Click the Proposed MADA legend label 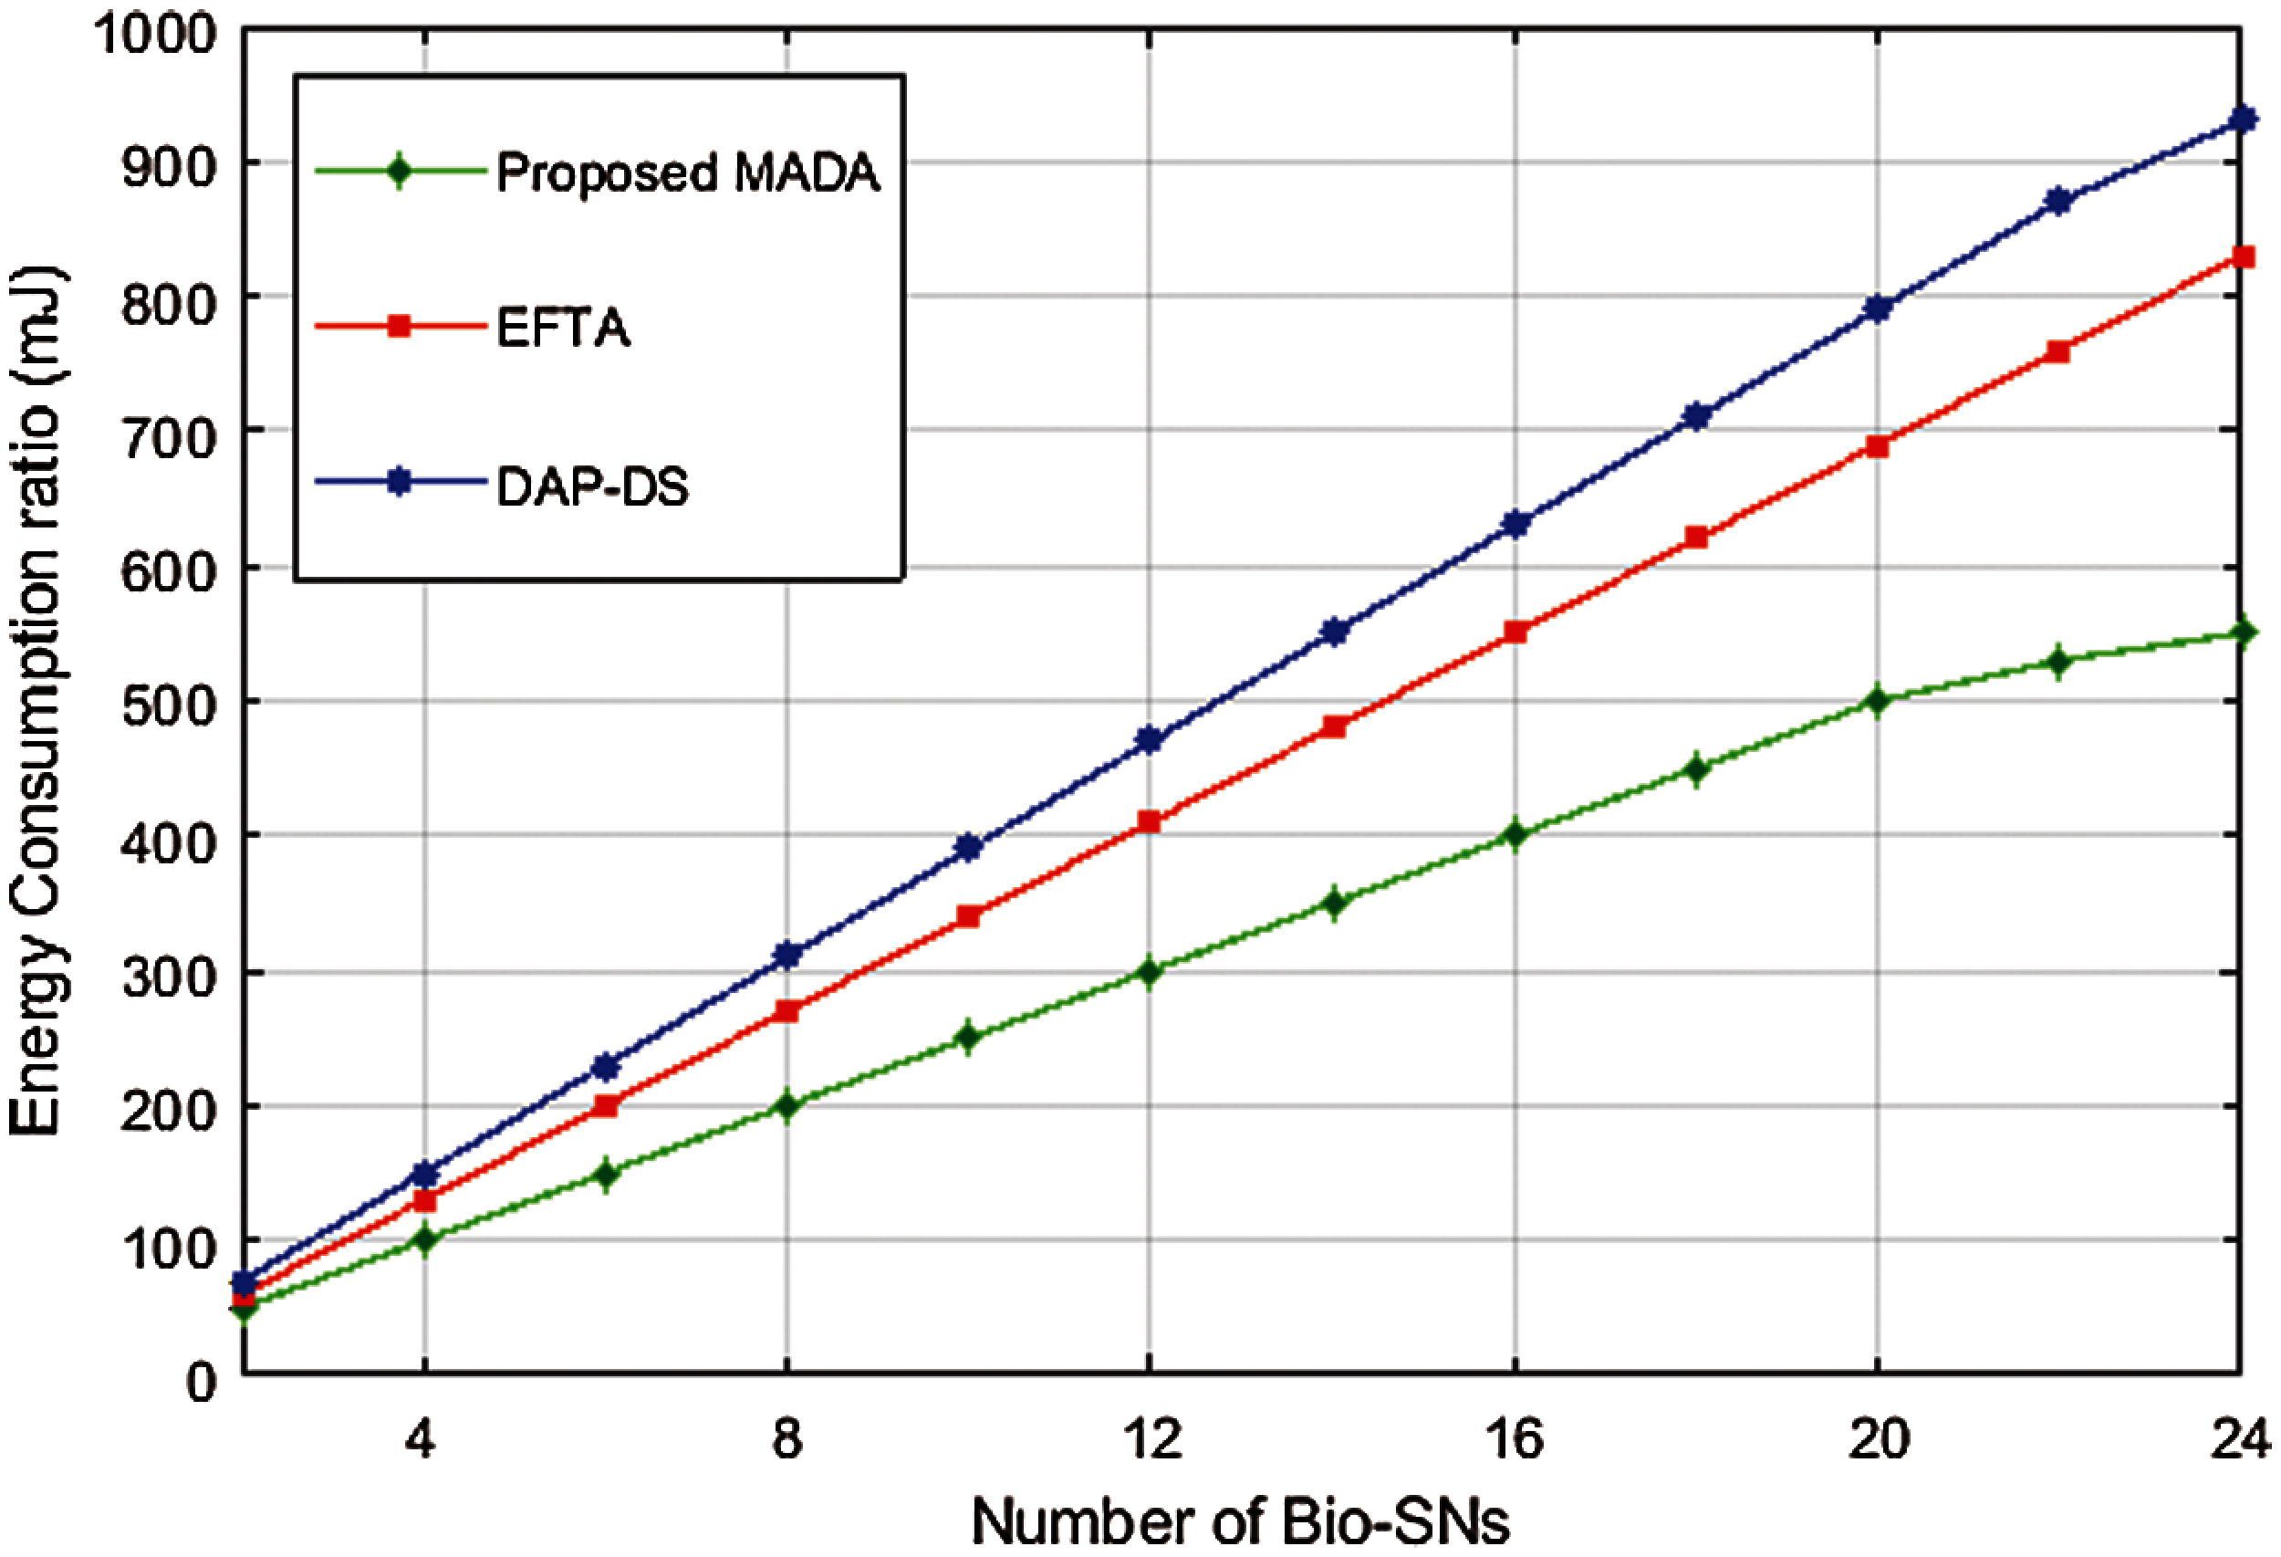(687, 172)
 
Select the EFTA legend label (562, 327)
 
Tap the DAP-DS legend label (592, 486)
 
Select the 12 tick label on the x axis (1152, 1439)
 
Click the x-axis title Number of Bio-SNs (1240, 1522)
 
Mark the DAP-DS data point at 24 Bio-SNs (2242, 120)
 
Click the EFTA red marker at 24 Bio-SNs (2242, 257)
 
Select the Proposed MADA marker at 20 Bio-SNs (1877, 701)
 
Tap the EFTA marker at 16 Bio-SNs (1515, 632)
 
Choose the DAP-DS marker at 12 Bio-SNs (1150, 739)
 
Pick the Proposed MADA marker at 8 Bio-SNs (786, 1106)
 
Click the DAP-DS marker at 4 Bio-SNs (424, 1174)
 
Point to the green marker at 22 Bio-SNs (2058, 662)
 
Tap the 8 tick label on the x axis (786, 1439)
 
